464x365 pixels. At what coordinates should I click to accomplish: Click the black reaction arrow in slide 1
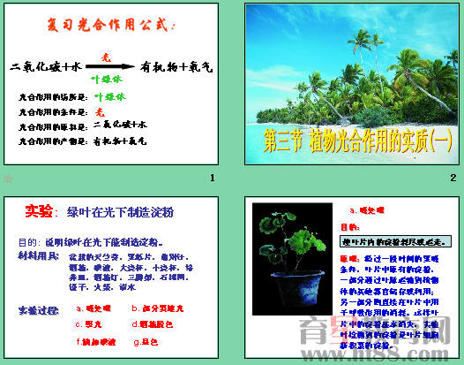[x=111, y=66]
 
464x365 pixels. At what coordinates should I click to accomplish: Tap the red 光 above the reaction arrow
[x=107, y=56]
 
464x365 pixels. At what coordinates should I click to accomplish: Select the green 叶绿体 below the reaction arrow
[x=109, y=78]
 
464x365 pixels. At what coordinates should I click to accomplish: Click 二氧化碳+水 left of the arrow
[x=45, y=66]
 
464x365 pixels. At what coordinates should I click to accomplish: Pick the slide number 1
[x=213, y=179]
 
